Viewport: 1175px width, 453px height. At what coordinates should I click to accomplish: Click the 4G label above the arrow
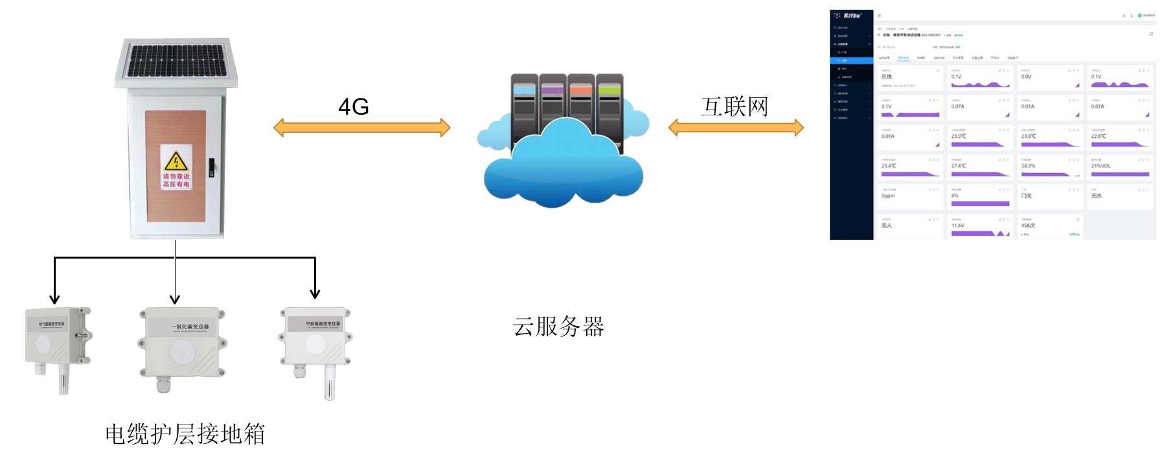(353, 107)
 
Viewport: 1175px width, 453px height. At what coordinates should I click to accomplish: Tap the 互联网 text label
(735, 107)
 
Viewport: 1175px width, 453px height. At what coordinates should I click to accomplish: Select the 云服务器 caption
(558, 327)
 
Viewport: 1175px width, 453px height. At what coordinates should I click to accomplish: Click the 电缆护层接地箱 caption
(185, 434)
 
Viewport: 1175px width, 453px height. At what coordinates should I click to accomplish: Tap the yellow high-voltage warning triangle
(176, 161)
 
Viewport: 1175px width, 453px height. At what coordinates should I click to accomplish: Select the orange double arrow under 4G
(361, 128)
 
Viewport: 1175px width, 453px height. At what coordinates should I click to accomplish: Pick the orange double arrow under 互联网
(736, 128)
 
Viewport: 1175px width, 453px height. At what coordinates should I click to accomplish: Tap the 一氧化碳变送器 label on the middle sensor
(190, 327)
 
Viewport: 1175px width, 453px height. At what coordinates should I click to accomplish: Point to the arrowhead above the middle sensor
(175, 299)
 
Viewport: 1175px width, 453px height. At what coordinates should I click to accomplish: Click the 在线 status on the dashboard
(887, 77)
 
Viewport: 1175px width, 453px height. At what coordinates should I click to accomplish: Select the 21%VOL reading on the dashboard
(1101, 166)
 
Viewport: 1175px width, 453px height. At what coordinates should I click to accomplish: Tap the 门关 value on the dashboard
(1026, 196)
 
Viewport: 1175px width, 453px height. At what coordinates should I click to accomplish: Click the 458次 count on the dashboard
(1028, 226)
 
